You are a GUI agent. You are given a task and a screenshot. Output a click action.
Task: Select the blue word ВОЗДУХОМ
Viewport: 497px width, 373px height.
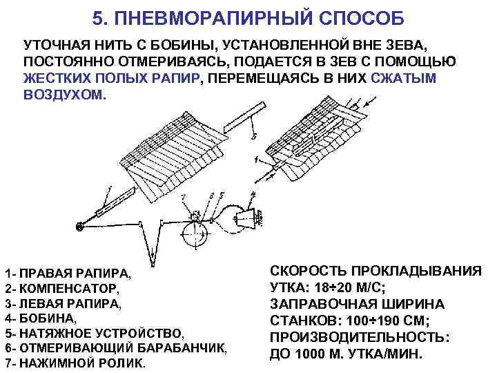64,95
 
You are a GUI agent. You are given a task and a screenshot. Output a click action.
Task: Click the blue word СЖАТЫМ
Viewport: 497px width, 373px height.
404,78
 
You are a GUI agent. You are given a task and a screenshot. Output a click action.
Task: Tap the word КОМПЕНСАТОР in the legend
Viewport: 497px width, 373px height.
68,289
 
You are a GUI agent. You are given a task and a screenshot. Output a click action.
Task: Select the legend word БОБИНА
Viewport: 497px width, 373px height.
46,318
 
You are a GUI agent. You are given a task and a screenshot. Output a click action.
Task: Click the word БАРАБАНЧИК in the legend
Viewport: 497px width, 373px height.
180,348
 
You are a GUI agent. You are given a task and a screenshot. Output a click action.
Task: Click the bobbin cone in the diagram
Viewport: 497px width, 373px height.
244,218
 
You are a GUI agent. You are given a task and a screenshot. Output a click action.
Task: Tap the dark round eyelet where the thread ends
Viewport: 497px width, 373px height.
80,226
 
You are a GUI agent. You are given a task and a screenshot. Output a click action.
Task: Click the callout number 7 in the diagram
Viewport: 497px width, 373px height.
184,198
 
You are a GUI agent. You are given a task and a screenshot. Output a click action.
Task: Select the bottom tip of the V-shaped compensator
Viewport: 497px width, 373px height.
153,265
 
